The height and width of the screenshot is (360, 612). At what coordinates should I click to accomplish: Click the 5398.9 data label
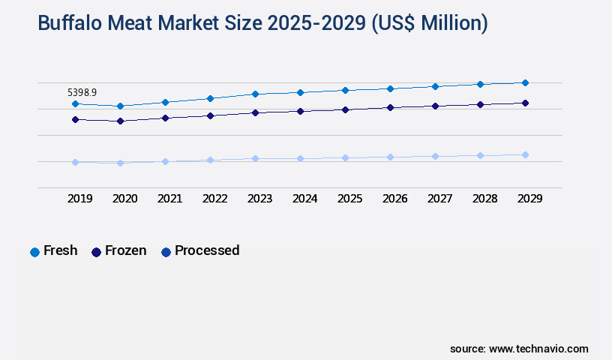pos(82,92)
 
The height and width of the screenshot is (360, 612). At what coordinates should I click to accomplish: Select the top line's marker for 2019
pos(75,103)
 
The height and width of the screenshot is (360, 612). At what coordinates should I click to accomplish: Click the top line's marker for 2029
pos(525,82)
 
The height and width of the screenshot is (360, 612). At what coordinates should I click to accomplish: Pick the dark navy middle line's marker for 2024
pos(300,111)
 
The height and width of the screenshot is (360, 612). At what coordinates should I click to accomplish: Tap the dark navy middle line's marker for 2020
pos(120,121)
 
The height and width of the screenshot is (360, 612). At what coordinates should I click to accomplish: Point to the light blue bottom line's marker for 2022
pos(210,160)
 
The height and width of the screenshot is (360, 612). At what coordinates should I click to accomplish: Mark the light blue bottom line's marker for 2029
pos(525,154)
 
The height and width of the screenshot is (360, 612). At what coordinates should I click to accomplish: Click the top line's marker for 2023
pos(255,94)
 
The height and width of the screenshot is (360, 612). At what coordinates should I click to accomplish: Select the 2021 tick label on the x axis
pos(169,199)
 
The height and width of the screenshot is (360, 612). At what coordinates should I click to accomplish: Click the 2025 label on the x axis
pos(349,199)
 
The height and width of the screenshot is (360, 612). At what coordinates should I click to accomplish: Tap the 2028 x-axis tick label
pos(484,199)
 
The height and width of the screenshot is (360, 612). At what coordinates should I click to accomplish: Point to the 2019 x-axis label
pos(79,199)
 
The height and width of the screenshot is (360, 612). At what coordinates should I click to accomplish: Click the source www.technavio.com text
pos(519,349)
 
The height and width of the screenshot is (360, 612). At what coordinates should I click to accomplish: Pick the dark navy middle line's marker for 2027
pos(435,106)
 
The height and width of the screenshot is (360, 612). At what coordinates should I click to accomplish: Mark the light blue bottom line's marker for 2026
pos(390,157)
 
